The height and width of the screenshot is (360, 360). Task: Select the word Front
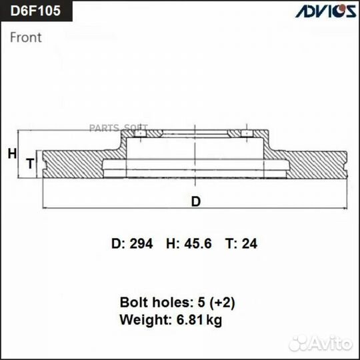coord(25,37)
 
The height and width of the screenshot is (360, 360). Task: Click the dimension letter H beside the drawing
coord(12,154)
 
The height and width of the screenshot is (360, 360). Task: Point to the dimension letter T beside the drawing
coord(29,163)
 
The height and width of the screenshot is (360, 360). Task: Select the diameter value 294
coord(141,244)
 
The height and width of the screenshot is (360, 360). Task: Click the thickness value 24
coord(250,244)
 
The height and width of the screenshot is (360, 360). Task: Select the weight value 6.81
coord(189,320)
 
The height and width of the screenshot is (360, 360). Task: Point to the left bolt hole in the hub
coord(139,135)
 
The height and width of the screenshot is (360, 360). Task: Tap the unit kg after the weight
coord(214,320)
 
